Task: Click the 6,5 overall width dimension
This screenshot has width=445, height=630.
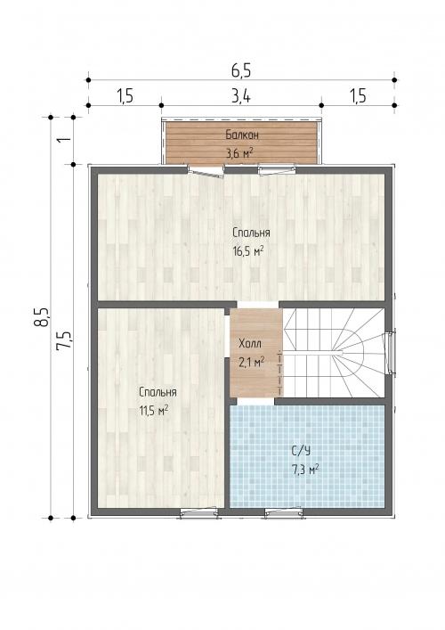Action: point(241,70)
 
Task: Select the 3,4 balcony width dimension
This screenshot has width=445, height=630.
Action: point(241,96)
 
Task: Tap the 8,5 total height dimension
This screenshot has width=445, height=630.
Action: point(42,317)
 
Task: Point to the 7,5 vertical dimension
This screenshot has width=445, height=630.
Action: point(64,340)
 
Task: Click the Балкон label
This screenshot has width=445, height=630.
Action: point(242,135)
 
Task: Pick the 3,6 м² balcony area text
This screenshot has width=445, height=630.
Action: point(239,152)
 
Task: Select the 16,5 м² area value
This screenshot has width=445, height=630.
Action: point(248,251)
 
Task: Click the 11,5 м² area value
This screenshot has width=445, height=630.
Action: point(153,411)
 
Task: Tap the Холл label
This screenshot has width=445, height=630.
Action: point(249,344)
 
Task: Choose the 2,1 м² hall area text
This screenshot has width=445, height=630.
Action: point(251,362)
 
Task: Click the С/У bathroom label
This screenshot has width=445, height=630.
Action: point(301,451)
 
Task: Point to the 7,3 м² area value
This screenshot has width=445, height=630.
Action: point(305,470)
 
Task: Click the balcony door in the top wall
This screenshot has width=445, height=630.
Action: point(206,171)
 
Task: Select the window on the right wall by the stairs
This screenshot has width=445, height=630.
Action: point(391,353)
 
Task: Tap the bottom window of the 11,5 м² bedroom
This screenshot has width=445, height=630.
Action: point(199,512)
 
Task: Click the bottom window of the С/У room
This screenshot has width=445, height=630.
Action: point(284,512)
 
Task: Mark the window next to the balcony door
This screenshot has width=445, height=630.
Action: point(277,169)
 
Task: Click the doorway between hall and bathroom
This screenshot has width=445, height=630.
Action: point(255,401)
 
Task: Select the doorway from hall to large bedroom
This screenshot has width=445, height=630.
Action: point(258,305)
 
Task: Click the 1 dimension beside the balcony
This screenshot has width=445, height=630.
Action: point(64,140)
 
